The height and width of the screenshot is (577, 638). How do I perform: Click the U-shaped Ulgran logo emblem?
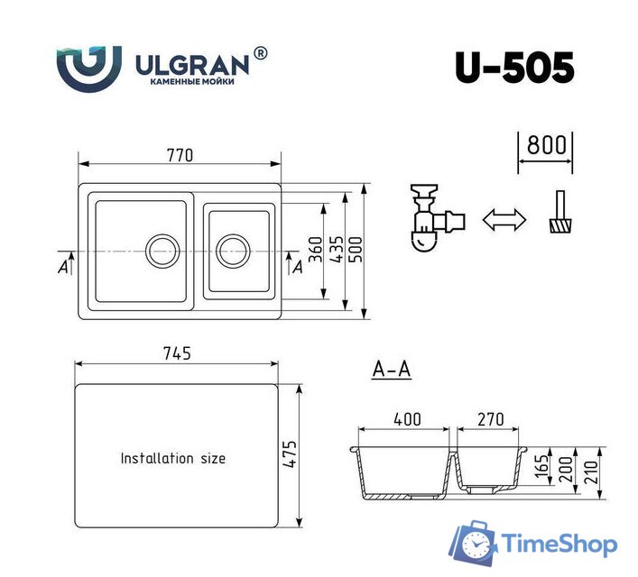[88, 67]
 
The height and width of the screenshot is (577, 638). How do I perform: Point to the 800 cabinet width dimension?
[545, 145]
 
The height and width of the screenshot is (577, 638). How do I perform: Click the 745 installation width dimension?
[177, 353]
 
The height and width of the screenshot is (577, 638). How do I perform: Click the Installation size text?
[173, 458]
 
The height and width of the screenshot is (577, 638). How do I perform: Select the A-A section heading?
[392, 370]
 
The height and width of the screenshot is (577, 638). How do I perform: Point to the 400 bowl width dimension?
[407, 419]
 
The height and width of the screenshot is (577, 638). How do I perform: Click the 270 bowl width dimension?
[491, 419]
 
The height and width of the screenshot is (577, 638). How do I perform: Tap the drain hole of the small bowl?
[232, 249]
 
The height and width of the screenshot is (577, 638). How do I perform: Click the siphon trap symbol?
[430, 220]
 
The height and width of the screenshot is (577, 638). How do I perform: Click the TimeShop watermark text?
[559, 545]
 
